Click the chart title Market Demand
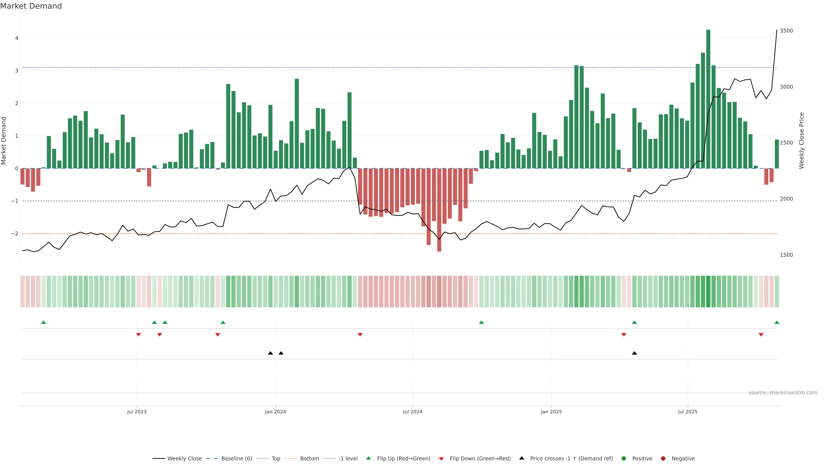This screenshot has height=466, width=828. (31, 6)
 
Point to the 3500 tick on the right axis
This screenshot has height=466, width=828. (786, 31)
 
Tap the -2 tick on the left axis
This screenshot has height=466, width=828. (15, 233)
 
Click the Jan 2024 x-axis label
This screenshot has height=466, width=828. (276, 412)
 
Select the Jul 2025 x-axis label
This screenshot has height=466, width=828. (688, 412)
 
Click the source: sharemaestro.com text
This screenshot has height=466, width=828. (783, 393)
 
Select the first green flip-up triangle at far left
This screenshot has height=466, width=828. (44, 323)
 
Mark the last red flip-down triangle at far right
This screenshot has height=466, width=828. (761, 335)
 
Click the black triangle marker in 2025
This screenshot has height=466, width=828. (634, 353)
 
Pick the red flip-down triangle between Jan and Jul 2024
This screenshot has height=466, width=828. (360, 335)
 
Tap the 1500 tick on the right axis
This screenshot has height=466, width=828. (786, 255)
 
